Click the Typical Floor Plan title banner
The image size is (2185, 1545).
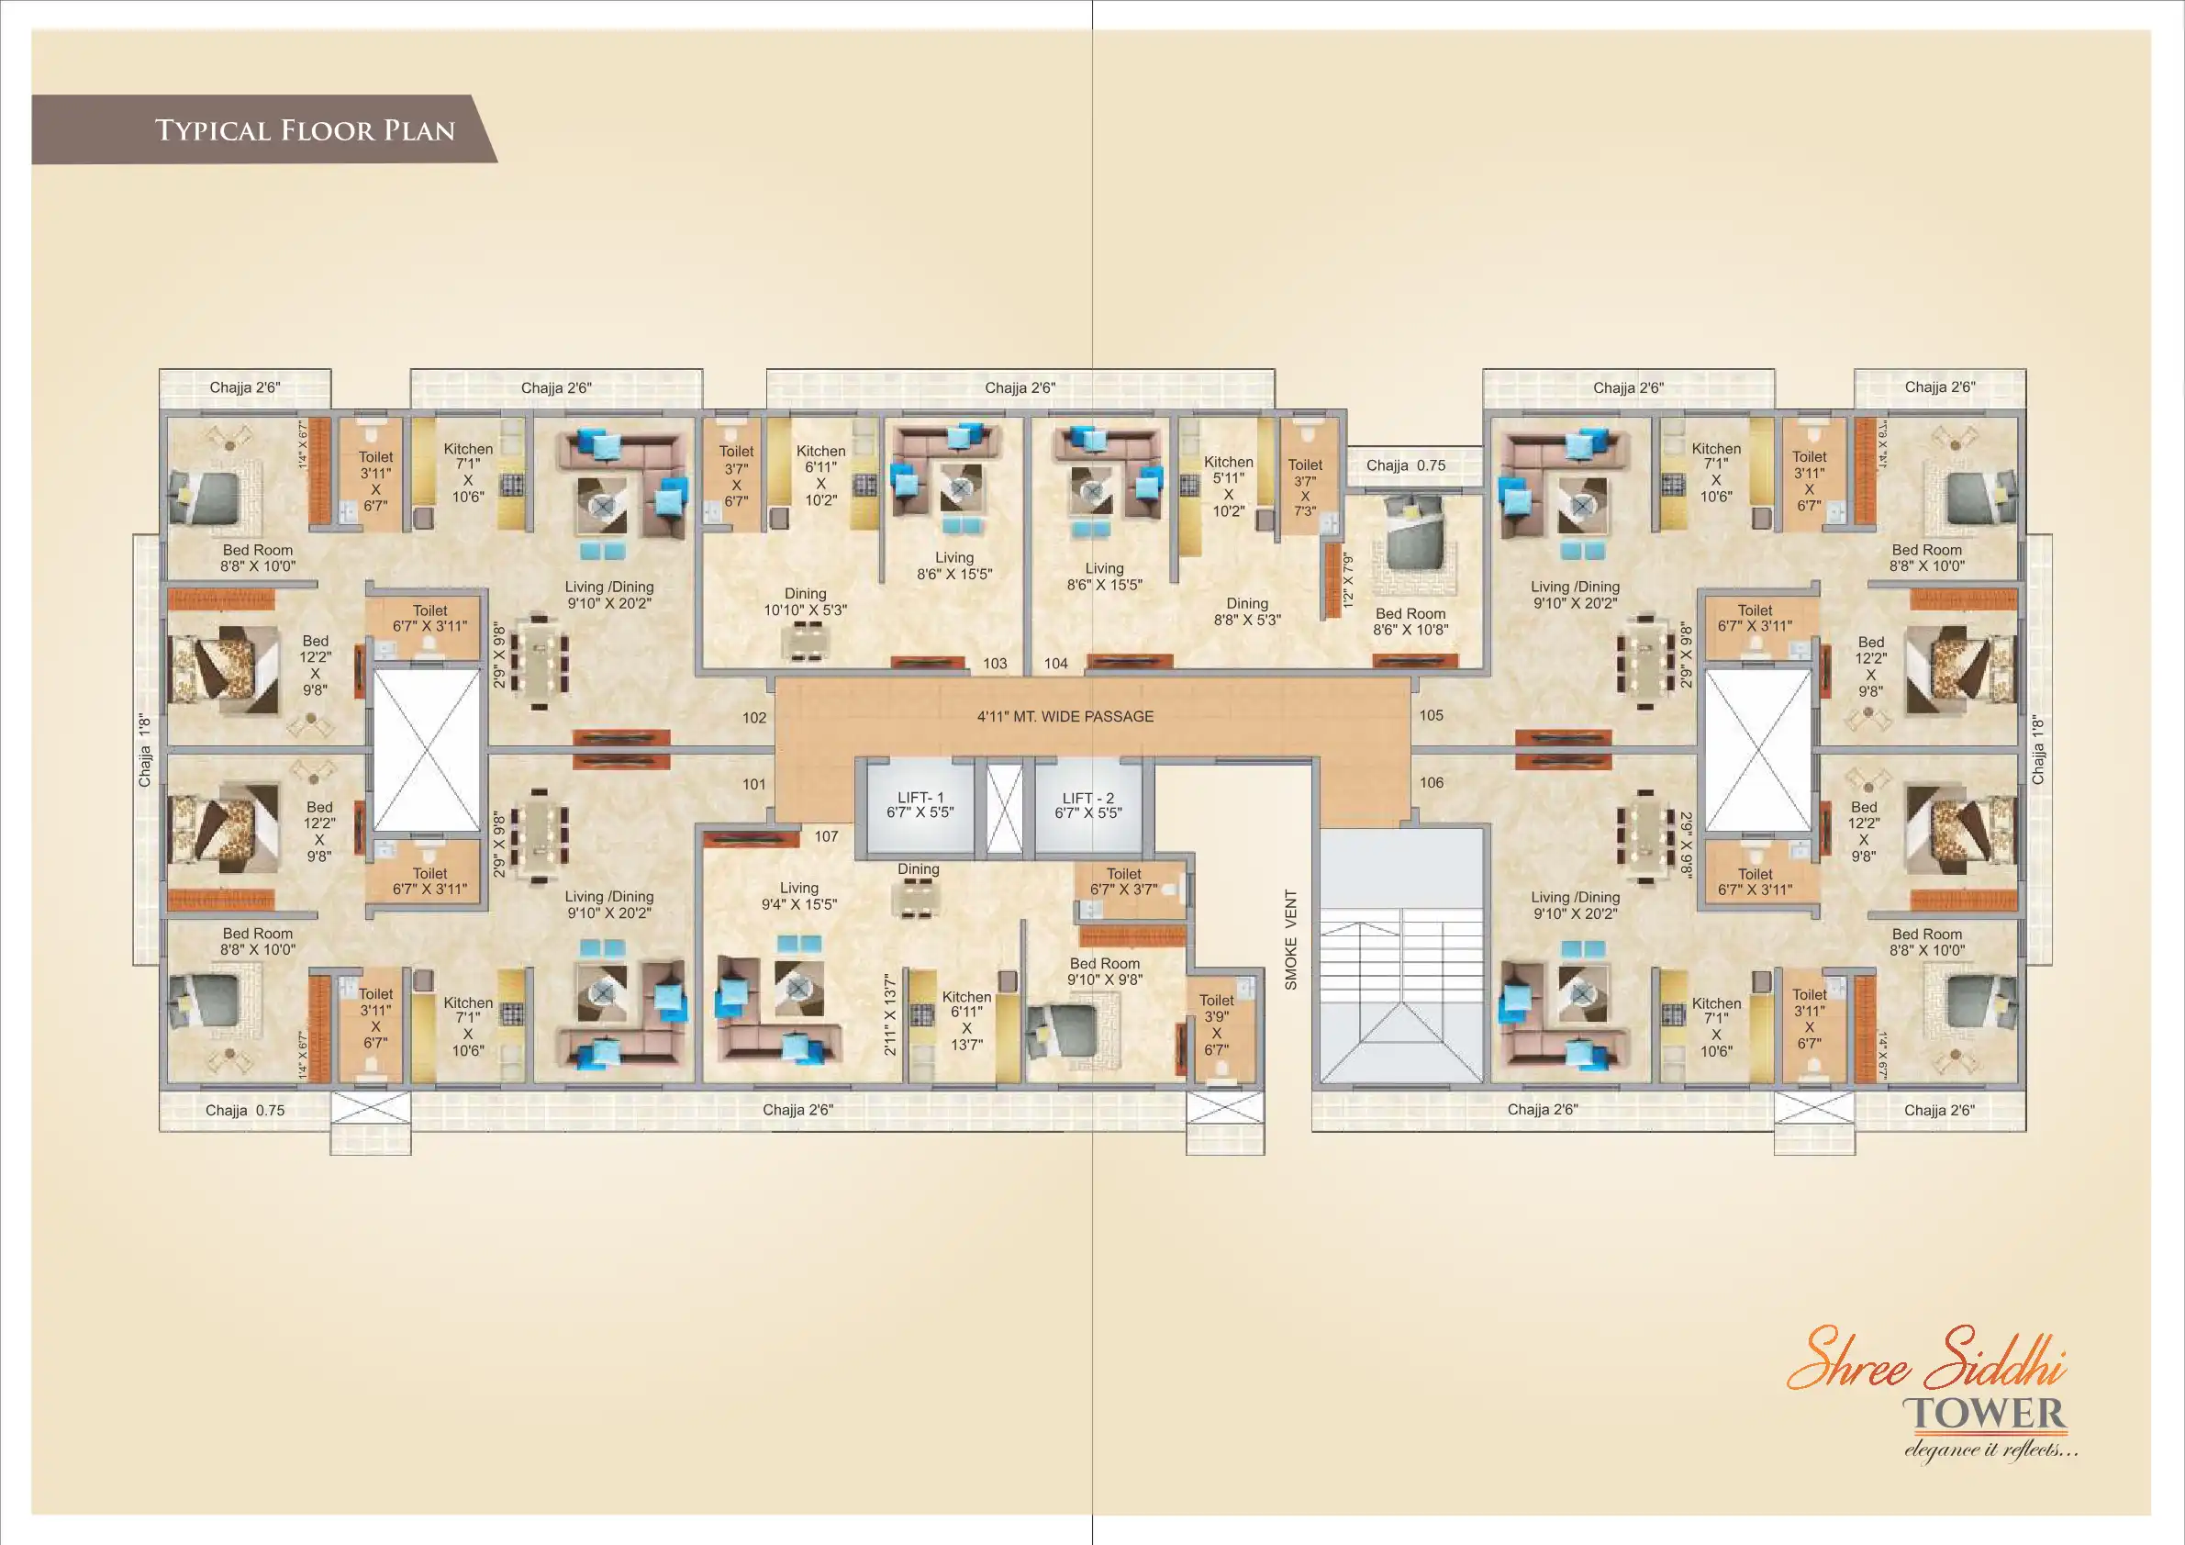[x=264, y=129]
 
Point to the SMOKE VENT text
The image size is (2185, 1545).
[x=1290, y=939]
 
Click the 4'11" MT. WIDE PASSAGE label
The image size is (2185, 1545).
[x=1065, y=716]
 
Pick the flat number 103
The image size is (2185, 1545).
[x=995, y=663]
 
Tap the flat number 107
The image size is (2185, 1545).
[x=826, y=835]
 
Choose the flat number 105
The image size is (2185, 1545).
[x=1432, y=715]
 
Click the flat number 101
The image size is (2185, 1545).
[x=753, y=783]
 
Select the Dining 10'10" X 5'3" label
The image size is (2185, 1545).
[x=805, y=601]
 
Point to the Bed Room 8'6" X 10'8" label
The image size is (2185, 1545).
[x=1410, y=621]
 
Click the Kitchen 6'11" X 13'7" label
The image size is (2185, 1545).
[x=967, y=1021]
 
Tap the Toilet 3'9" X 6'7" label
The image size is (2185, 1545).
[x=1216, y=1024]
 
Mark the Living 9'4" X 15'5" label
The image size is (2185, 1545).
[x=799, y=896]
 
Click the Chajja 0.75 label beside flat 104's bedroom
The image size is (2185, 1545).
[x=1406, y=465]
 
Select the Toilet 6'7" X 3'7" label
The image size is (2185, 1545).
[x=1124, y=881]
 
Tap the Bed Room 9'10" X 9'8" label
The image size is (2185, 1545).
[x=1105, y=971]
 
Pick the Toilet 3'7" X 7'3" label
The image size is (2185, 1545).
[x=1305, y=487]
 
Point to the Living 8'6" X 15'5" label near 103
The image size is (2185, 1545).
[x=954, y=565]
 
